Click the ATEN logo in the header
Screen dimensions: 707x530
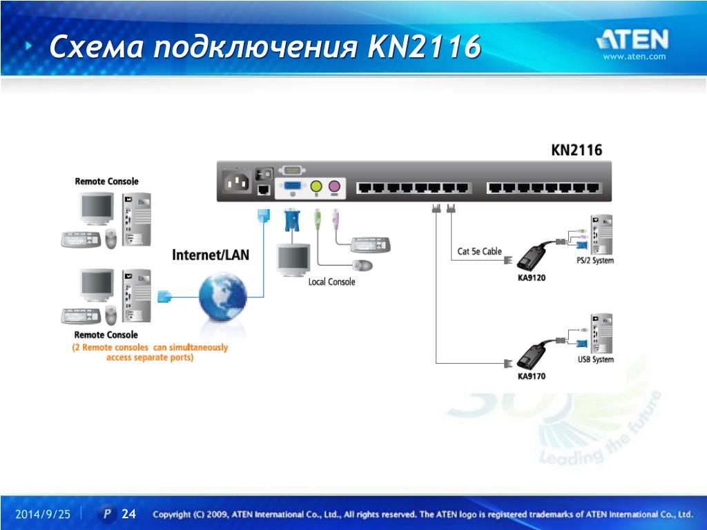click(632, 39)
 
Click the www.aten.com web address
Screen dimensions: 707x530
click(635, 57)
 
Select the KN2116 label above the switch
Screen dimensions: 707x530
click(577, 150)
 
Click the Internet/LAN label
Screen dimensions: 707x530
click(211, 255)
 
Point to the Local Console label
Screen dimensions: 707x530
click(331, 282)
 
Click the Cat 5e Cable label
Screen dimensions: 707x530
click(480, 251)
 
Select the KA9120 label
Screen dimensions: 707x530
click(532, 278)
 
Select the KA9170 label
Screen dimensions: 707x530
click(532, 377)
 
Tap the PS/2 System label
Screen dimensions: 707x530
click(594, 261)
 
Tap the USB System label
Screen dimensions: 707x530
click(595, 360)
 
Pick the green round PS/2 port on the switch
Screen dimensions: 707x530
click(316, 186)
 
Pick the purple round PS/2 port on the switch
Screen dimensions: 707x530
click(334, 186)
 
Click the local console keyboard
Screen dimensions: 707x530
click(371, 244)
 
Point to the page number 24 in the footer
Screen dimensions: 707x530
click(129, 514)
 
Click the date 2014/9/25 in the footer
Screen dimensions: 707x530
click(43, 515)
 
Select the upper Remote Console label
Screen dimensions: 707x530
click(106, 181)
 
